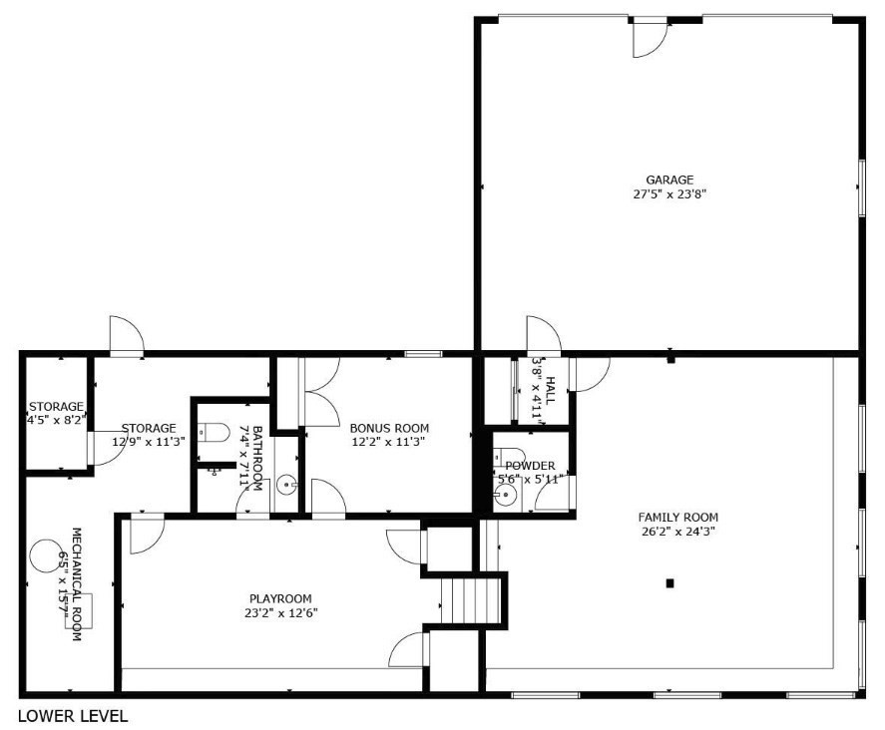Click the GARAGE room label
(x=668, y=180)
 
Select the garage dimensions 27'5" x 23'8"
(x=668, y=194)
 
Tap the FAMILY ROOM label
(x=678, y=517)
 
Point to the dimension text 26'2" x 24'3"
(x=678, y=532)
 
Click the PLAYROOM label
(x=274, y=598)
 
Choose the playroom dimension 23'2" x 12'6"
(x=274, y=613)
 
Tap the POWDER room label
(x=530, y=466)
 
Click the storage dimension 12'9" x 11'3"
(x=149, y=442)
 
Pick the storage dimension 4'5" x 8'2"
(x=56, y=421)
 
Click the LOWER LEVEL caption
(x=73, y=715)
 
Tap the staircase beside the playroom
(x=470, y=600)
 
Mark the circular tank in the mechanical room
(x=45, y=556)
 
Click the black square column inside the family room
(x=670, y=582)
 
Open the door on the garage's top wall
(x=651, y=36)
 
